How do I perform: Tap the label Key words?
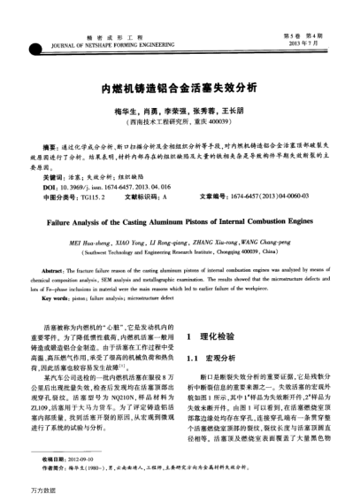coord(59,285)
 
